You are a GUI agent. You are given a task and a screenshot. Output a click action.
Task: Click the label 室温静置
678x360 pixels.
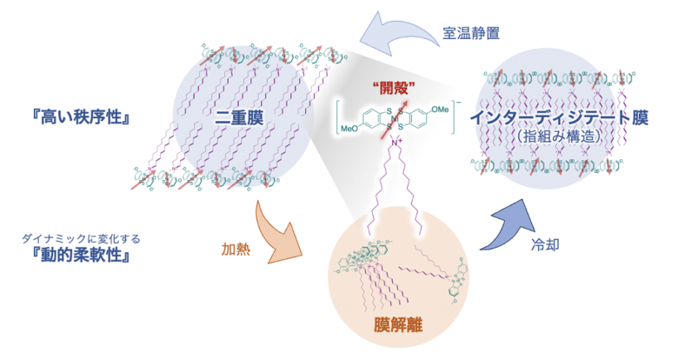pyautogui.click(x=471, y=33)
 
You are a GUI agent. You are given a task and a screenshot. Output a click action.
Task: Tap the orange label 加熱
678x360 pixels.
pyautogui.click(x=236, y=250)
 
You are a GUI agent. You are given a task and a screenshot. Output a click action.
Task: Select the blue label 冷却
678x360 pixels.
pyautogui.click(x=545, y=244)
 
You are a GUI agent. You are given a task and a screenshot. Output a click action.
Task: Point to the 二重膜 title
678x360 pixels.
pyautogui.click(x=239, y=117)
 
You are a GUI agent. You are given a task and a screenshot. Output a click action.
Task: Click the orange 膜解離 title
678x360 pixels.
pyautogui.click(x=398, y=324)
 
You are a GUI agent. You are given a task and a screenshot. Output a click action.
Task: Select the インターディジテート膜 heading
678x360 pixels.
pyautogui.click(x=559, y=117)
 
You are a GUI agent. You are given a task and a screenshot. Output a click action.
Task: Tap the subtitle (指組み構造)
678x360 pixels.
pyautogui.click(x=559, y=137)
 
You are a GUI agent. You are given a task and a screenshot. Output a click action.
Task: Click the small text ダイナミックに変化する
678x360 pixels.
pyautogui.click(x=82, y=238)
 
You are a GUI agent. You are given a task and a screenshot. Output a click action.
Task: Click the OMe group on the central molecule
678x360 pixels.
pyautogui.click(x=440, y=110)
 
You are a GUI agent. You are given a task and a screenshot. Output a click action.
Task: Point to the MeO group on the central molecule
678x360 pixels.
pyautogui.click(x=349, y=129)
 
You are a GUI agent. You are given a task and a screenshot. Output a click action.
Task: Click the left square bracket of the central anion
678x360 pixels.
pyautogui.click(x=339, y=117)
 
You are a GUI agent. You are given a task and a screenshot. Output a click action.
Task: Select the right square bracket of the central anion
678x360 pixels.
pyautogui.click(x=453, y=117)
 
